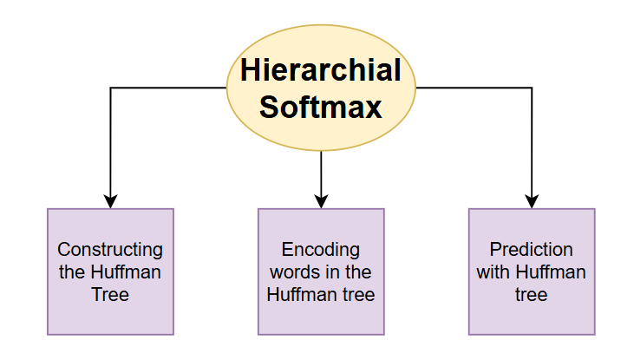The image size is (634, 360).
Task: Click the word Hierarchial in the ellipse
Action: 321,69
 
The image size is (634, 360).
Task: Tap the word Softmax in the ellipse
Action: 321,107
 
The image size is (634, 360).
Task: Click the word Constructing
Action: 110,250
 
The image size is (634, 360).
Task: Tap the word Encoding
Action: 321,250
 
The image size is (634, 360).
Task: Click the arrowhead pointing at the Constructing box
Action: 110,200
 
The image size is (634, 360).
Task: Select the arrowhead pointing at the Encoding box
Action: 321,200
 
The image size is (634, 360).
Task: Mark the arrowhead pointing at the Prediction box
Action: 532,200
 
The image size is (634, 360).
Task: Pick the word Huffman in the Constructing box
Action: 127,272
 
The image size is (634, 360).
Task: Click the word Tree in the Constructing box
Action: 110,295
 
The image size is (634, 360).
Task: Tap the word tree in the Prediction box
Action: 532,295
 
